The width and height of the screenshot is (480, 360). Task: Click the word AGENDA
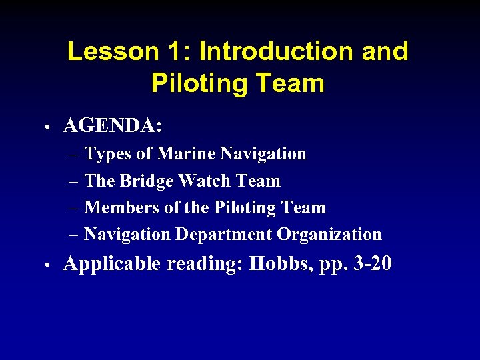113,125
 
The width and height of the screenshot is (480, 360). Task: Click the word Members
122,207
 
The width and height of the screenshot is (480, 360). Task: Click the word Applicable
112,265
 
